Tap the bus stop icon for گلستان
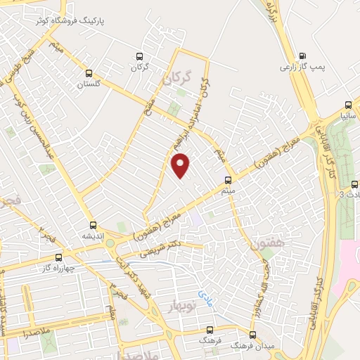(89, 72)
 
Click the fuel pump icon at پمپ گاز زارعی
(302, 56)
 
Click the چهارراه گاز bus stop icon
(58, 257)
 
